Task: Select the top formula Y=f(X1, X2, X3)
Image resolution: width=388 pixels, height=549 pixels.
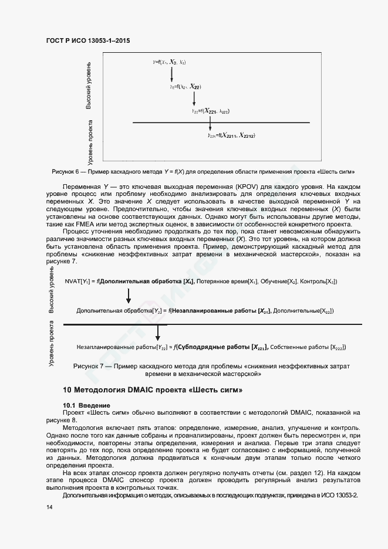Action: pyautogui.click(x=170, y=62)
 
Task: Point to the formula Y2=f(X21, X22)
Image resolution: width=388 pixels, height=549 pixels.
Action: pyautogui.click(x=185, y=86)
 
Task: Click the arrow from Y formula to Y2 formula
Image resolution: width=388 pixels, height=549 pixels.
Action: pyautogui.click(x=171, y=74)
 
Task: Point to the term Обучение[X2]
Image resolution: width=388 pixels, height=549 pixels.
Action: pyautogui.click(x=278, y=282)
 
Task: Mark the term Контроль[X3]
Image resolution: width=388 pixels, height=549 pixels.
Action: pyautogui.click(x=318, y=282)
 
